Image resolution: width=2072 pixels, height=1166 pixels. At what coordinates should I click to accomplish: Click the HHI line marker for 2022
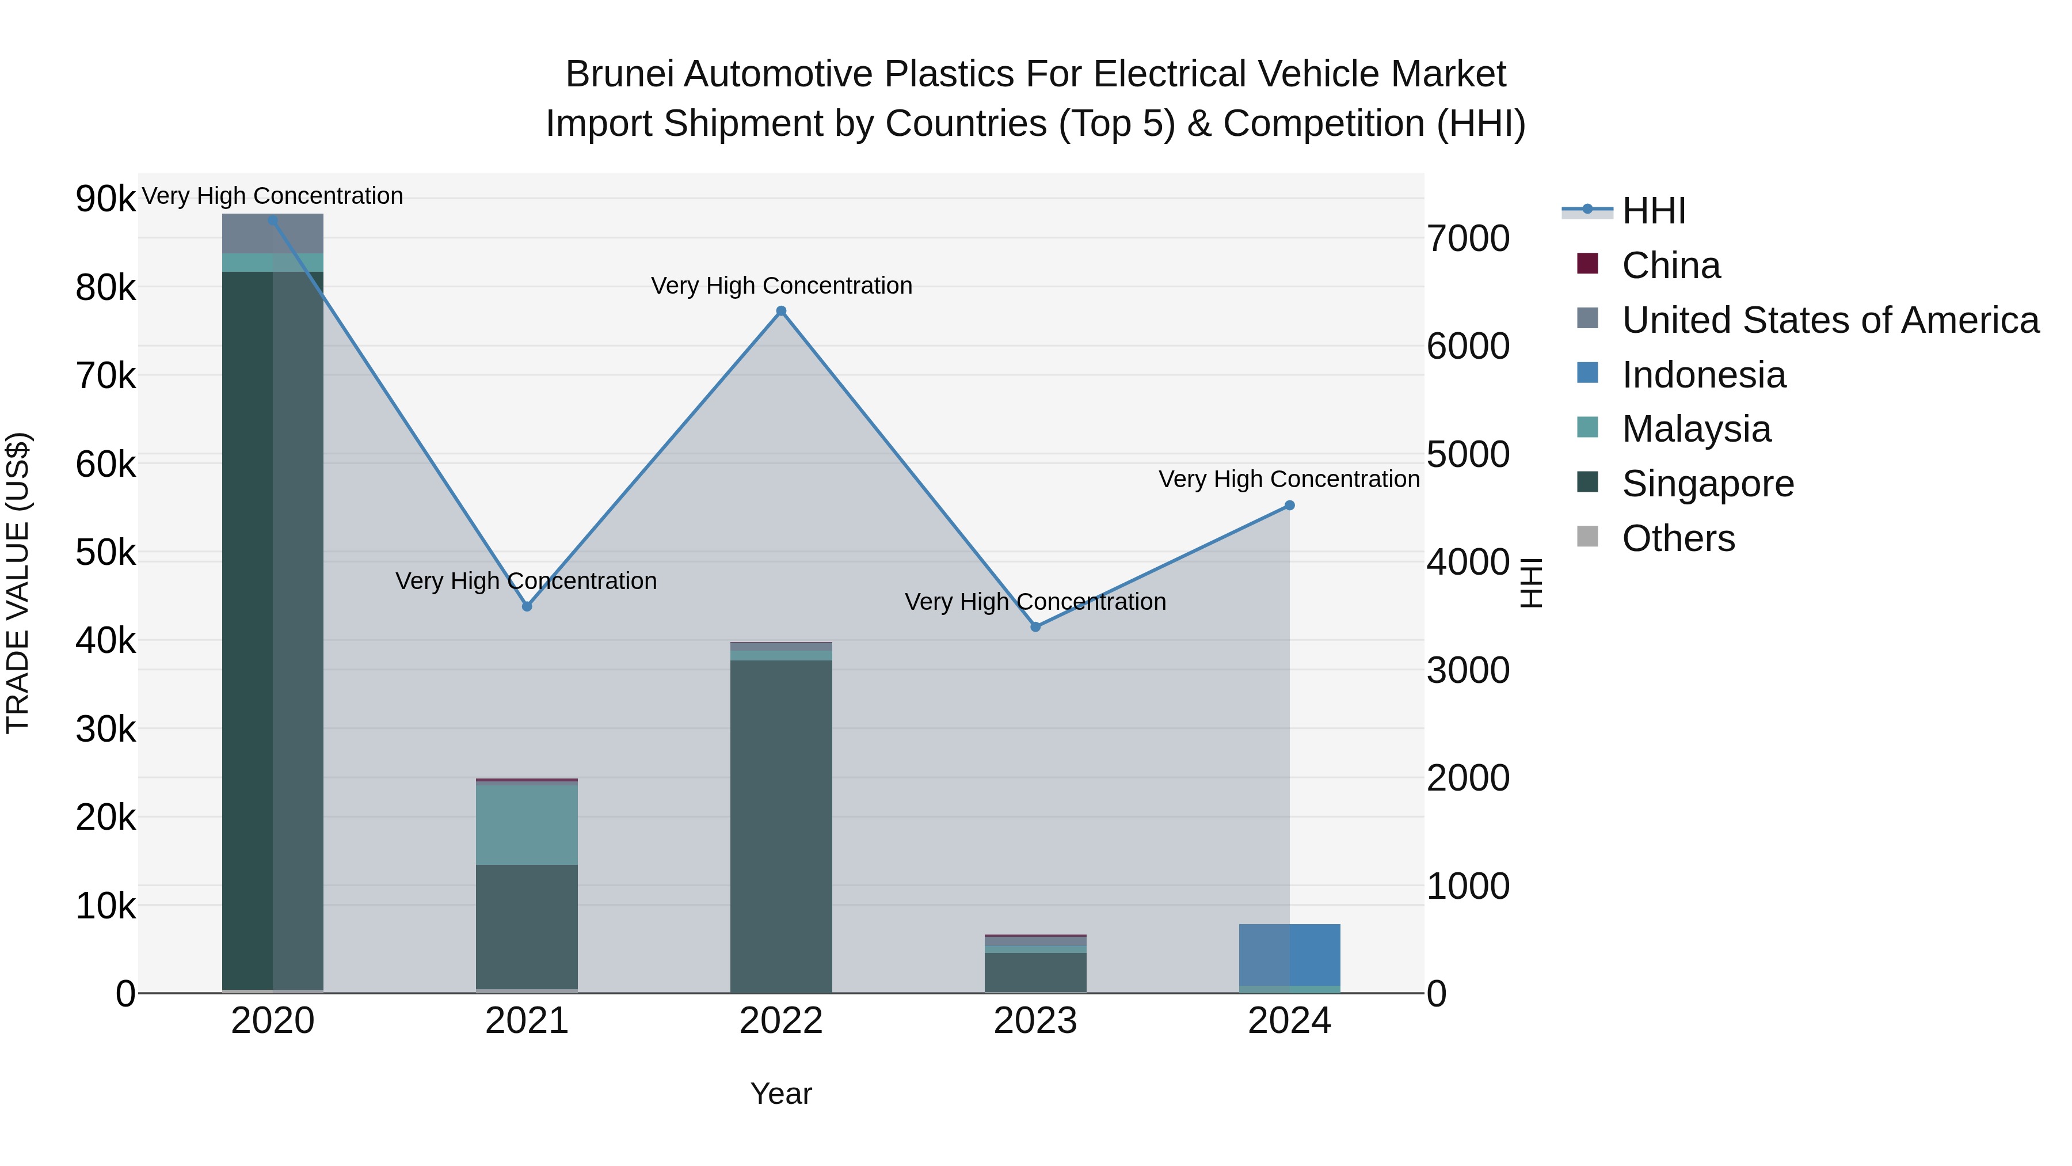(x=780, y=312)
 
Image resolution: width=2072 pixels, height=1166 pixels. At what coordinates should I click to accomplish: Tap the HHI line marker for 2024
(x=1289, y=506)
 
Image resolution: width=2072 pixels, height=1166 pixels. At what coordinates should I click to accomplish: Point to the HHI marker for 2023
(x=1035, y=627)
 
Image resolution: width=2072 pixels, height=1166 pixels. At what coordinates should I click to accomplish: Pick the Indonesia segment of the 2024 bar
(x=1289, y=954)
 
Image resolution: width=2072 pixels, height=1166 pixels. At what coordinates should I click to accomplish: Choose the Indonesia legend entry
(x=1703, y=375)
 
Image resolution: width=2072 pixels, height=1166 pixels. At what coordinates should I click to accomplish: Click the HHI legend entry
(x=1653, y=211)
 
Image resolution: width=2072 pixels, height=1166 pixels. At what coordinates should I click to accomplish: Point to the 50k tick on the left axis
(x=106, y=553)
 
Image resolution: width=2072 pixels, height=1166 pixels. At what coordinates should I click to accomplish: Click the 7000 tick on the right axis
(x=1467, y=239)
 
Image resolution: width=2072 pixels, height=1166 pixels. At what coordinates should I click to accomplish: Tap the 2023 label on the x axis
(x=1035, y=1021)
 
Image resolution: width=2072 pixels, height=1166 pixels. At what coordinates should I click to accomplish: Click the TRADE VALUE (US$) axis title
(x=18, y=583)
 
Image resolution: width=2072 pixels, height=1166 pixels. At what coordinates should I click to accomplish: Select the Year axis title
(x=780, y=1093)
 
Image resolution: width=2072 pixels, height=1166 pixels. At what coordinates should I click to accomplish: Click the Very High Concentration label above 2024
(x=1289, y=479)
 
